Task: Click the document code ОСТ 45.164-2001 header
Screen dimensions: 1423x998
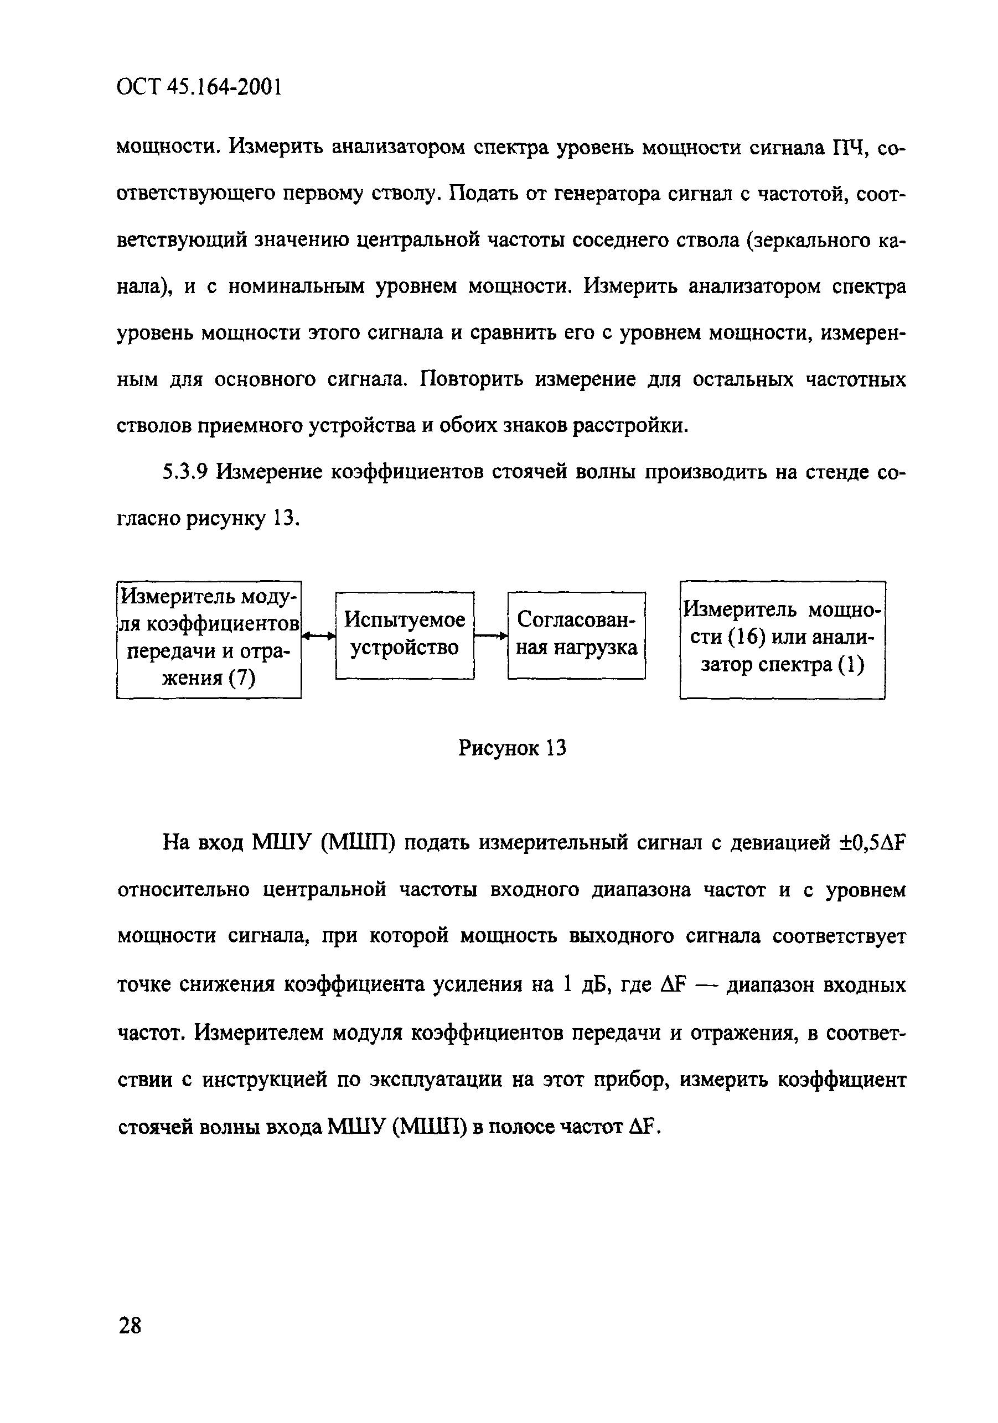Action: click(199, 87)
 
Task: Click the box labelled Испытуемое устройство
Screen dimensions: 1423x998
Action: click(405, 635)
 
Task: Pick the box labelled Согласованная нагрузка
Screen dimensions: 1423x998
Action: click(576, 635)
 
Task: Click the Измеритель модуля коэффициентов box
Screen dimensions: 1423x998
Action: click(209, 639)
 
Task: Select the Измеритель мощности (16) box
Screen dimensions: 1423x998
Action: click(782, 639)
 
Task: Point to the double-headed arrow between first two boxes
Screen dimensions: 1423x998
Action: click(318, 635)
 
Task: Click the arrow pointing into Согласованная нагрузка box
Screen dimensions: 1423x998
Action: click(490, 635)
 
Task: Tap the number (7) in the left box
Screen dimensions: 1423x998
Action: click(241, 679)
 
